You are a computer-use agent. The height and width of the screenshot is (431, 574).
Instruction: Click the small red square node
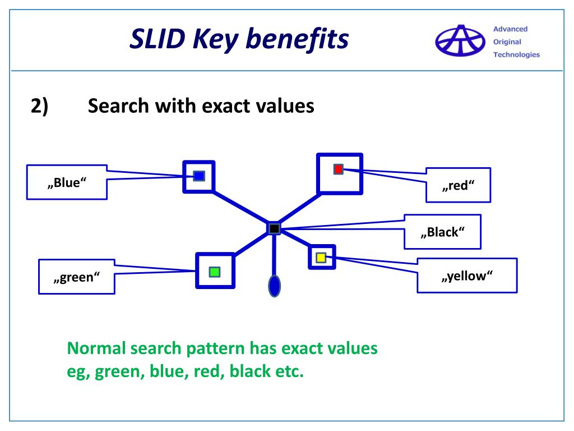coord(338,169)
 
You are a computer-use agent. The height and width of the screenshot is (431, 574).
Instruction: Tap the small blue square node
coord(198,176)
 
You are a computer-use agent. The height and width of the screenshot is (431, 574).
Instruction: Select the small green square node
coord(215,272)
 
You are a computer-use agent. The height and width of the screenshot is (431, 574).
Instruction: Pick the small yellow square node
coord(321,258)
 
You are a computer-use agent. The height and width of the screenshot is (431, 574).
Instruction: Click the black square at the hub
coord(274,228)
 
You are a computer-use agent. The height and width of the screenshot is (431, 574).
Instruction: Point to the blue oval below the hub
coord(274,286)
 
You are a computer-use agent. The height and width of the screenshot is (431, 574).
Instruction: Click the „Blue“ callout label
coord(67,183)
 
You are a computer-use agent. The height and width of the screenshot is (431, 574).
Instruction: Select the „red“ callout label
coord(458,185)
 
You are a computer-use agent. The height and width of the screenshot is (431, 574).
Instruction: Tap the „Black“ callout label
coord(442,232)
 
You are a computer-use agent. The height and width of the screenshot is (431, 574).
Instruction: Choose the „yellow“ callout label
coord(467,276)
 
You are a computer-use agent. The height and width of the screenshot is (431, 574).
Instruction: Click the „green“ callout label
coord(76,277)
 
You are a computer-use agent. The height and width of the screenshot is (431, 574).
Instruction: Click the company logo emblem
coord(459,40)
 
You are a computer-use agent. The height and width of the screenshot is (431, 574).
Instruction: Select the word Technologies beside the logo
coord(516,54)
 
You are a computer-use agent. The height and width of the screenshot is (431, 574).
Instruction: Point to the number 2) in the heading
coord(40,106)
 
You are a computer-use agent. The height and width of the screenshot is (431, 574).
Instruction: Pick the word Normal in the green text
coord(96,349)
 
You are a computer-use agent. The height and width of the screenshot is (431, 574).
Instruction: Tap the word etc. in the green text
coord(288,372)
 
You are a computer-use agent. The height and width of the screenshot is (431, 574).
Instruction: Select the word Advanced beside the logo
coord(510,29)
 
